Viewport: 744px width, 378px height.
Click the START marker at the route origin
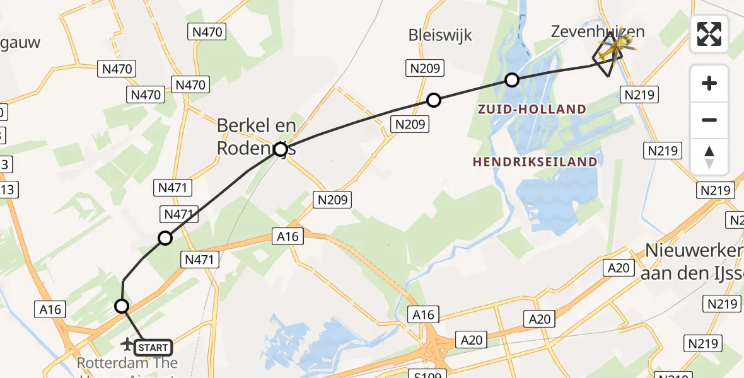(x=153, y=347)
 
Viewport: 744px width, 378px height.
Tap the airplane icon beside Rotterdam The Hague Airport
(x=127, y=344)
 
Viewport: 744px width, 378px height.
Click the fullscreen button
(x=709, y=34)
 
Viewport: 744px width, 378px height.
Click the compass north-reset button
(x=709, y=157)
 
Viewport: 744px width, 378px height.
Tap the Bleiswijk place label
(x=440, y=34)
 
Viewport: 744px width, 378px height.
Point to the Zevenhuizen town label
(x=598, y=31)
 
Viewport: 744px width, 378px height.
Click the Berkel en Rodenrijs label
(x=256, y=136)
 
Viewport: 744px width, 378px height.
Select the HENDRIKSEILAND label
(x=535, y=162)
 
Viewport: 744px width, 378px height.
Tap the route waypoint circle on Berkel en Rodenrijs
(x=281, y=149)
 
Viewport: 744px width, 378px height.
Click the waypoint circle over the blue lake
(x=512, y=80)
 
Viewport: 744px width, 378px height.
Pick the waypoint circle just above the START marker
(x=122, y=306)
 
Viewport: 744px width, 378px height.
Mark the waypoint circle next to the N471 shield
(x=165, y=238)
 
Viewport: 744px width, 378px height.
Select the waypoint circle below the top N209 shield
(x=433, y=100)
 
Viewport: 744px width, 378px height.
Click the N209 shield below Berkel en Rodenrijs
(x=332, y=200)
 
